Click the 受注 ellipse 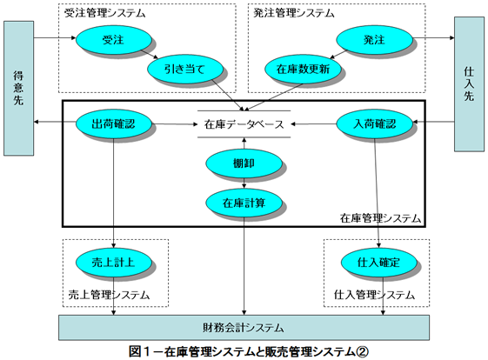[x=114, y=39]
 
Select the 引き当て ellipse [x=185, y=69]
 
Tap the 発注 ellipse [x=374, y=39]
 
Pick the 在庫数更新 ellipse [x=303, y=69]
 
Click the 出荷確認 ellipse [x=114, y=123]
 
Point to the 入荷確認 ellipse [x=375, y=123]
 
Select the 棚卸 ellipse [x=244, y=163]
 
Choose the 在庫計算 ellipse [x=244, y=203]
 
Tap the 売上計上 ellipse [x=114, y=263]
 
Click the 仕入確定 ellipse [x=378, y=263]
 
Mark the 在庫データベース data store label [x=244, y=124]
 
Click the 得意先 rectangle [x=18, y=89]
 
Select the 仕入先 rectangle [x=470, y=84]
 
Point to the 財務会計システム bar [x=244, y=327]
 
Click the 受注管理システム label [x=105, y=13]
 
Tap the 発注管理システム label [x=294, y=13]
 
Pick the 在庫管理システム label [x=380, y=218]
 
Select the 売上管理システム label [x=109, y=295]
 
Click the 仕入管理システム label [x=374, y=295]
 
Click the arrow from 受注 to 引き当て [x=150, y=54]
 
